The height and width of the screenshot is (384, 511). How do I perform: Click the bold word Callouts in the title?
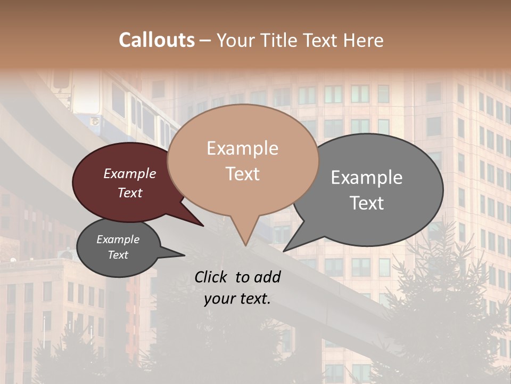[x=156, y=40]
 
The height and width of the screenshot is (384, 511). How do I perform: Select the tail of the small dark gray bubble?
[x=181, y=255]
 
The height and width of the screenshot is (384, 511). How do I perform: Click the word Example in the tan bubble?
[x=242, y=148]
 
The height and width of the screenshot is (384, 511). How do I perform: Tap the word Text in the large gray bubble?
[x=367, y=203]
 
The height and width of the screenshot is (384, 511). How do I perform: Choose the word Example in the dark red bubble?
[x=129, y=174]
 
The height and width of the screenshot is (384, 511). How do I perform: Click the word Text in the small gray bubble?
[x=118, y=255]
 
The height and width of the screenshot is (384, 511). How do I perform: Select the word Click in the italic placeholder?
[x=211, y=277]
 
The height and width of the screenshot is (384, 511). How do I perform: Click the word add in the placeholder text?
[x=268, y=277]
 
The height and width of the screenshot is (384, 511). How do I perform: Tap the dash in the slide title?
[x=205, y=40]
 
